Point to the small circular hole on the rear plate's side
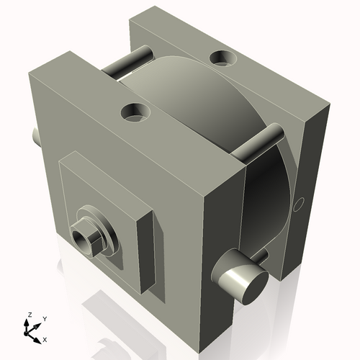pyautogui.click(x=301, y=204)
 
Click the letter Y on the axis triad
pyautogui.click(x=44, y=318)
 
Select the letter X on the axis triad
pyautogui.click(x=45, y=338)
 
